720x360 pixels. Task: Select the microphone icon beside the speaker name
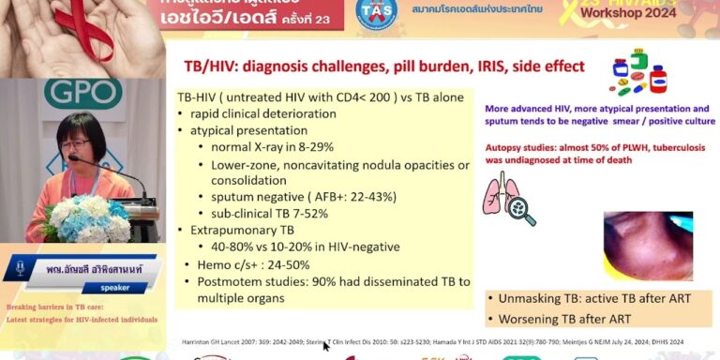(x=20, y=270)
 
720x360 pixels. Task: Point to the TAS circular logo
(x=376, y=11)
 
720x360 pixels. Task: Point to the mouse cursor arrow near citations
(x=324, y=346)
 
